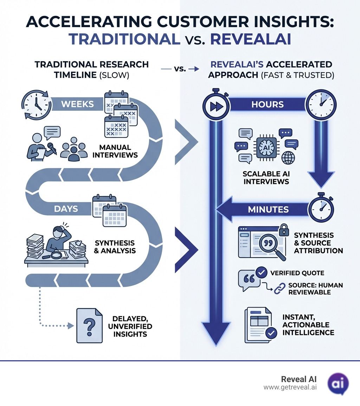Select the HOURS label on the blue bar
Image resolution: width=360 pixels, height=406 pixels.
click(268, 105)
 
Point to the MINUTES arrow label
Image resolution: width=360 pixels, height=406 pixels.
click(268, 209)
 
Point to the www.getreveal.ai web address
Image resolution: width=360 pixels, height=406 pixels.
click(290, 387)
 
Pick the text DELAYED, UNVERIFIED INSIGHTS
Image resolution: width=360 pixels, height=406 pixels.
click(130, 326)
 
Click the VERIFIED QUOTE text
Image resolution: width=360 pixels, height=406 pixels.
click(297, 273)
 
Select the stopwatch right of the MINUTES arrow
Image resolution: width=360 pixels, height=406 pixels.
click(321, 209)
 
